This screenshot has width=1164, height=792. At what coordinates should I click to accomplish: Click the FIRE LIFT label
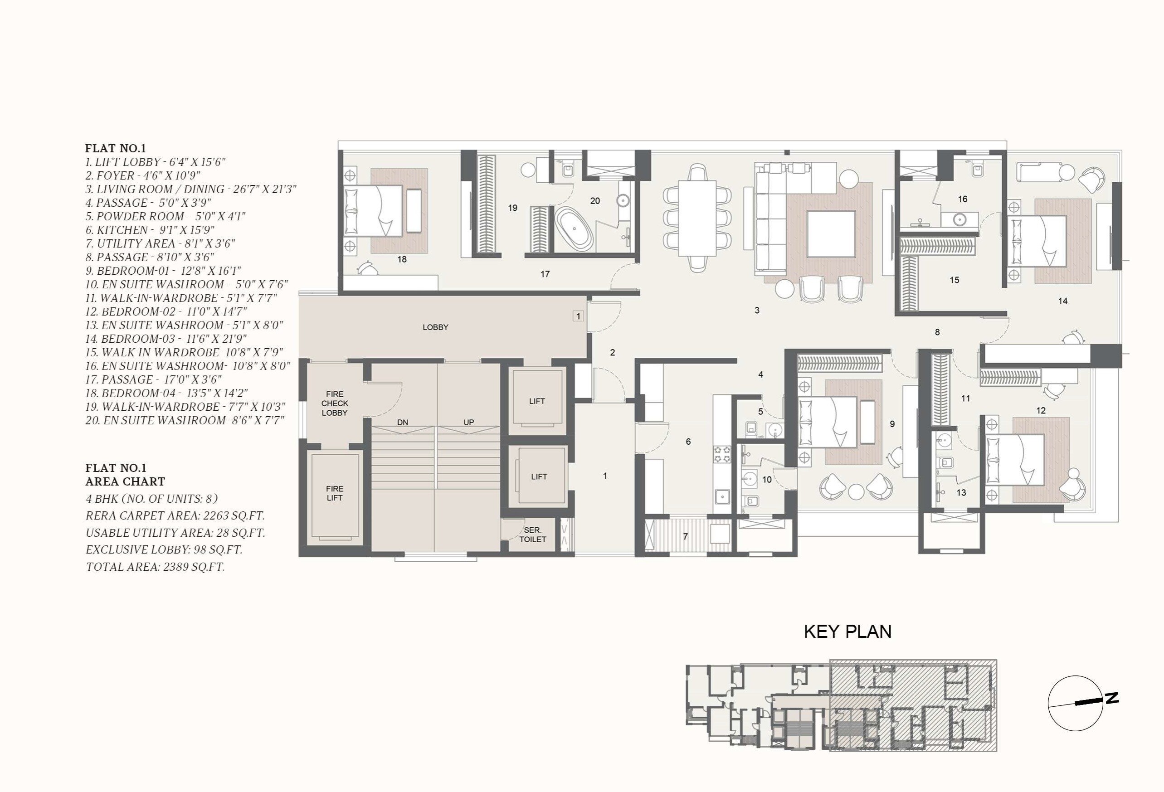click(335, 493)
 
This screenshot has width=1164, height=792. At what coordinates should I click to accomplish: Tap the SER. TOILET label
click(532, 534)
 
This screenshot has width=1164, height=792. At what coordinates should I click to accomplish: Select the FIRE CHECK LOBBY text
click(335, 403)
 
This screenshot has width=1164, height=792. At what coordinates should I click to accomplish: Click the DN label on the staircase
click(402, 422)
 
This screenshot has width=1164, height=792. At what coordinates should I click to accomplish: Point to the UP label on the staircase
click(468, 422)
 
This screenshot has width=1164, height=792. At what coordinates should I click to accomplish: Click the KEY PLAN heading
click(847, 632)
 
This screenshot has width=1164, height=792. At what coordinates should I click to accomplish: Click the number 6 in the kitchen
click(688, 442)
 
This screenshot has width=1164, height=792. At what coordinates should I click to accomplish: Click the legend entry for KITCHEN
click(149, 230)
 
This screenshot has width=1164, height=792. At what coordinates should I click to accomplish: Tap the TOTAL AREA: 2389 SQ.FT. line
click(155, 567)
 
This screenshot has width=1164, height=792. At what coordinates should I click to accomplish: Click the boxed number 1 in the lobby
click(578, 316)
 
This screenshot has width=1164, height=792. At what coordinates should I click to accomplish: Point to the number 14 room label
click(1062, 301)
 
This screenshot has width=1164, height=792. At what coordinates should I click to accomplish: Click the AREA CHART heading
click(125, 481)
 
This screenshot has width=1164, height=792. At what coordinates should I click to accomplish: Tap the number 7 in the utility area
click(685, 536)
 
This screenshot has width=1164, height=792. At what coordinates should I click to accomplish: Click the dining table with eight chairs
click(696, 218)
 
